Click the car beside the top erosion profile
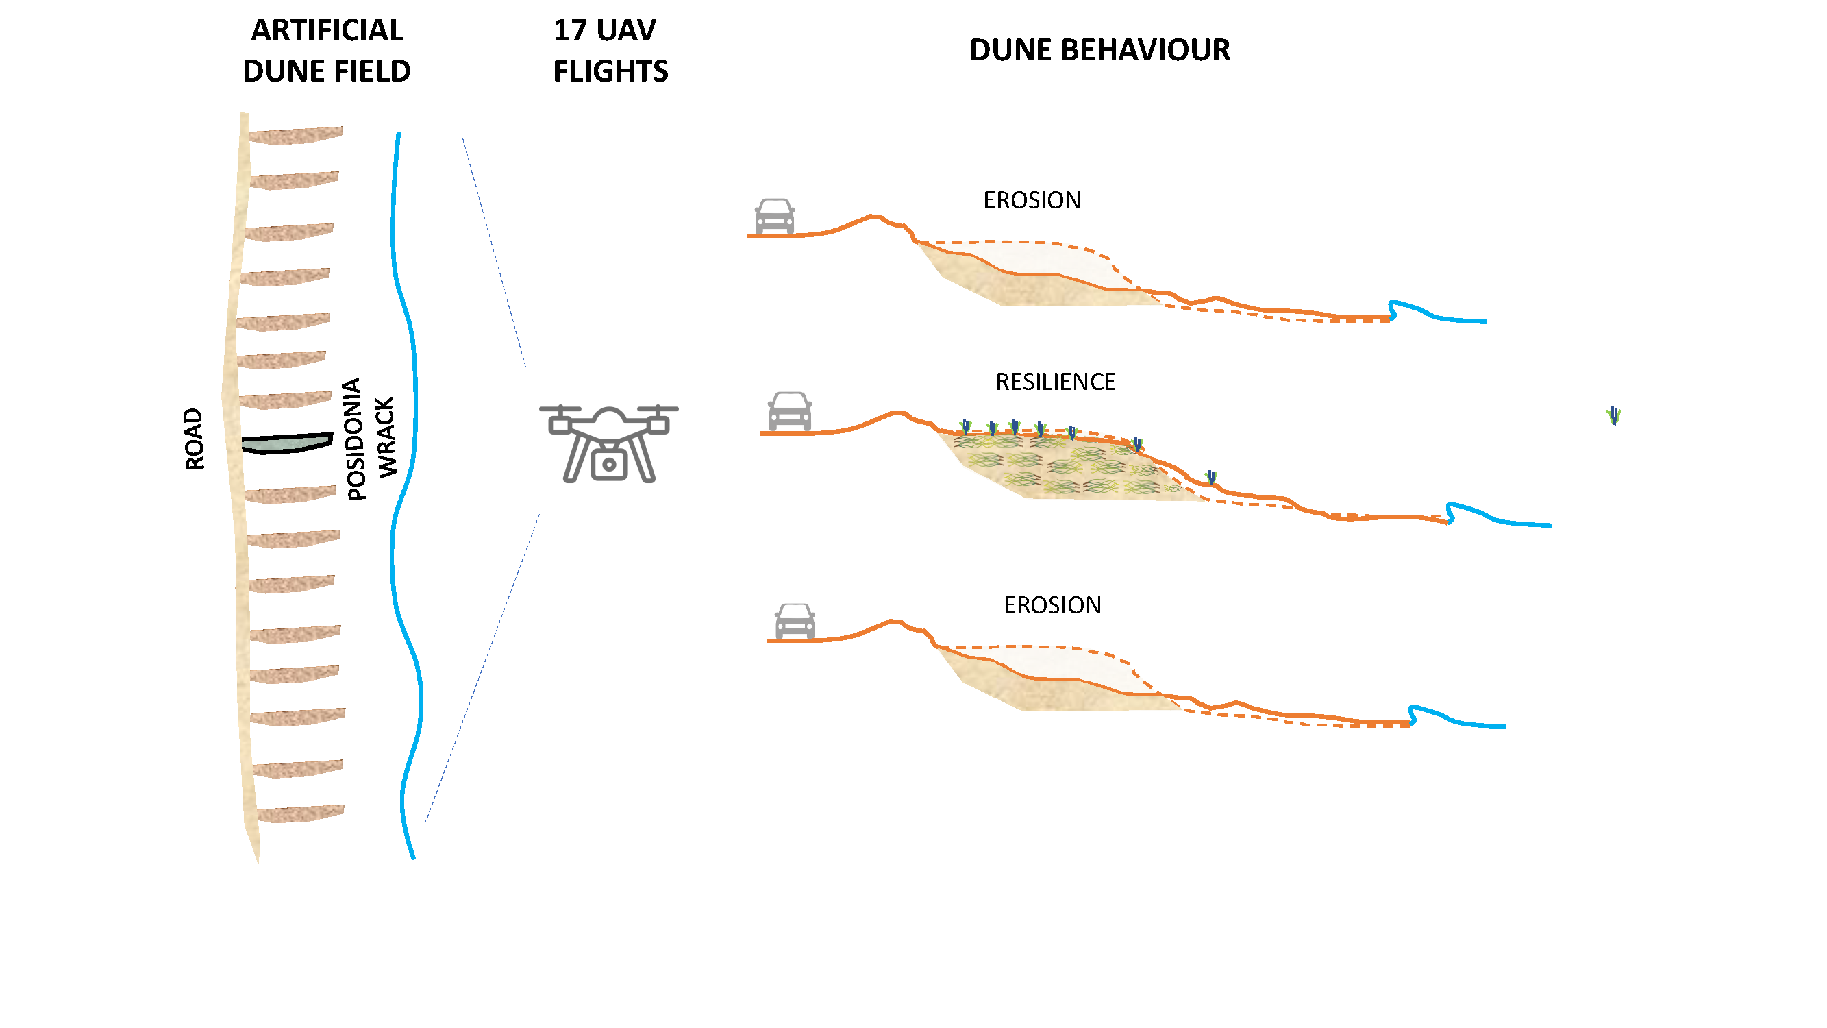pyautogui.click(x=775, y=217)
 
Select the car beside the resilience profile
pyautogui.click(x=789, y=411)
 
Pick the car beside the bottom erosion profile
pyautogui.click(x=795, y=622)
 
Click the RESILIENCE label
pyautogui.click(x=1056, y=382)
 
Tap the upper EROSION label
pyautogui.click(x=1032, y=201)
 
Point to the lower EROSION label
pyautogui.click(x=1052, y=606)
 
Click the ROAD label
pyautogui.click(x=195, y=439)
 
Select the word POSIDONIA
pyautogui.click(x=354, y=439)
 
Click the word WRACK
pyautogui.click(x=386, y=438)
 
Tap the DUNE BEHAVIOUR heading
pyautogui.click(x=1099, y=50)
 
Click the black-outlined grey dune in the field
pyautogui.click(x=287, y=443)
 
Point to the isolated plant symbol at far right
pyautogui.click(x=1613, y=416)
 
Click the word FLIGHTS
pyautogui.click(x=610, y=72)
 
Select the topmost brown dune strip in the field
pyautogui.click(x=296, y=135)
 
